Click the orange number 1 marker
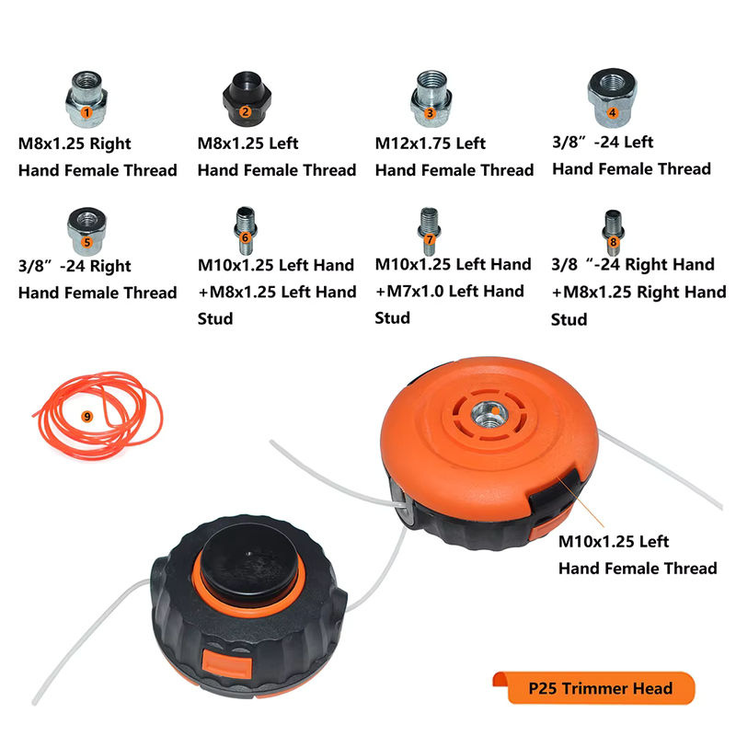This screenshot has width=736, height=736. tap(86, 112)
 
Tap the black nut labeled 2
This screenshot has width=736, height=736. tap(247, 98)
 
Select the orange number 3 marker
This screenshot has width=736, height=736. tap(430, 113)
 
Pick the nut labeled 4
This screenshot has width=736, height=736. tap(612, 98)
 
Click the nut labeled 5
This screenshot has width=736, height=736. tap(86, 232)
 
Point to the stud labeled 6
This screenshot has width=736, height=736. tap(246, 231)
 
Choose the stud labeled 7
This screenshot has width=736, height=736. tap(429, 231)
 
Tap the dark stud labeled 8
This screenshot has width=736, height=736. tap(613, 233)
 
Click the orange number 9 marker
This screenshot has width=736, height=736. tap(86, 417)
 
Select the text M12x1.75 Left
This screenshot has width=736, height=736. tap(430, 144)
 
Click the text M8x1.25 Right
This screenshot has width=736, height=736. tap(75, 144)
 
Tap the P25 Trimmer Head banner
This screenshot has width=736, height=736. tap(593, 687)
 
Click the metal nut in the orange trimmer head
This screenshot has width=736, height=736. tap(490, 414)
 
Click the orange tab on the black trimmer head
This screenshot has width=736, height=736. tap(226, 664)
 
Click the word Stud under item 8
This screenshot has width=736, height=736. tap(569, 319)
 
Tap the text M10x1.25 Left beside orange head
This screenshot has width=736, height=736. tap(614, 542)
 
